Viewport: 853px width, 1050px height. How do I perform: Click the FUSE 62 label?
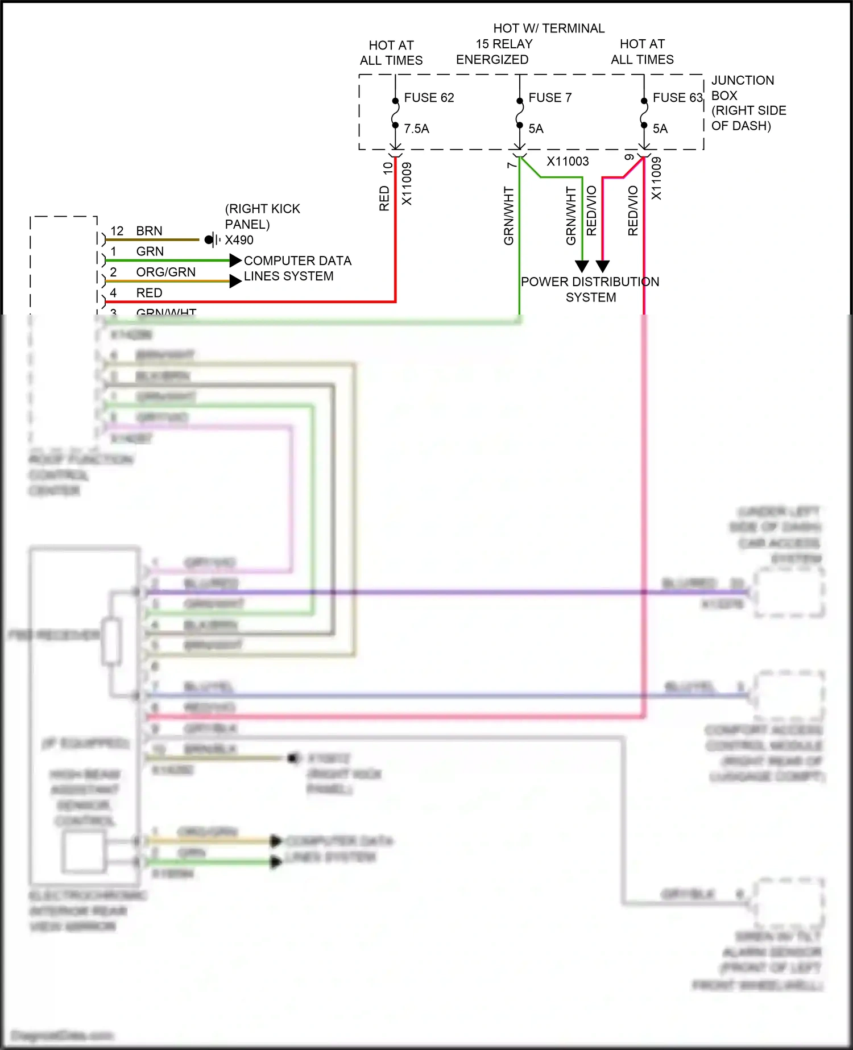(429, 98)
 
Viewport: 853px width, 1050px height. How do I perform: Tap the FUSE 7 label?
(550, 98)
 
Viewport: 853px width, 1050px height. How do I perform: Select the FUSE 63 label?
(677, 98)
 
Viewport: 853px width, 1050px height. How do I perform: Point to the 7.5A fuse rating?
(416, 129)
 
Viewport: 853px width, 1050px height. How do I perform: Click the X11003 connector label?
(568, 162)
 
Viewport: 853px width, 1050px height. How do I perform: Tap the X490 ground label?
(239, 240)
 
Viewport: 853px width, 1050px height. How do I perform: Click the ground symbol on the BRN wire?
(212, 239)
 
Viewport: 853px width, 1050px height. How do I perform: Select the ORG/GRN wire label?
(165, 272)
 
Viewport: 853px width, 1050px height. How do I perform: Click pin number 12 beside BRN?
(117, 231)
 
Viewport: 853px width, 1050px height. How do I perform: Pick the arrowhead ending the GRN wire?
(235, 261)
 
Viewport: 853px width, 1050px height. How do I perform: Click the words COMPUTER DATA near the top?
(297, 261)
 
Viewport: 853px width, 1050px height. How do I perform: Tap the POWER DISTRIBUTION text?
(590, 282)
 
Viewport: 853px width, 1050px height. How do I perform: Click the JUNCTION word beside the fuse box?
(742, 80)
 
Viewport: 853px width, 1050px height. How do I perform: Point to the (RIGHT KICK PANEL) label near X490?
(262, 216)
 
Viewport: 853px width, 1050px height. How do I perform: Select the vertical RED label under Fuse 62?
(384, 198)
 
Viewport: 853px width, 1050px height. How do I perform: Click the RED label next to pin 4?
(149, 293)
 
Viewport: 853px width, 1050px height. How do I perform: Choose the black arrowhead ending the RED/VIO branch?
(603, 266)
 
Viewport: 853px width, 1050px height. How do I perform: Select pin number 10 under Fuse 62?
(388, 168)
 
